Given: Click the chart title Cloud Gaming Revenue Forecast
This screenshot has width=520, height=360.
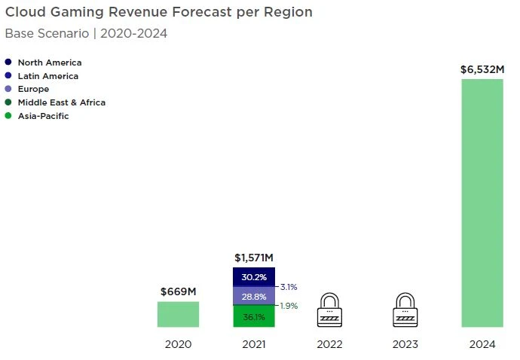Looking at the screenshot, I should pos(159,13).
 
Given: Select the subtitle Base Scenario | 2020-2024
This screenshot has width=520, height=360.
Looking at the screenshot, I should pos(86,33).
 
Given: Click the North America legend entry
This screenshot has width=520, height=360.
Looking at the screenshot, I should pos(49,63).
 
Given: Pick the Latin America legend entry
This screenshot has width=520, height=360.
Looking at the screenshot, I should pos(47,76).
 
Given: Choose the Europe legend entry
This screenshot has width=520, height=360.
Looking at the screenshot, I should pos(33,89).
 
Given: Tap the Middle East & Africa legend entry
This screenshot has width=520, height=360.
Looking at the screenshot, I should pos(61,102).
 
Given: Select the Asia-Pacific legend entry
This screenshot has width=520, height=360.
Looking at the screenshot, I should pos(43,116).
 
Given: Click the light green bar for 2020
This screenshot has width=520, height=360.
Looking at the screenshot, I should pos(178,314).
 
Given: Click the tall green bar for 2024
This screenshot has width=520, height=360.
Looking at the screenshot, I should pos(482,203).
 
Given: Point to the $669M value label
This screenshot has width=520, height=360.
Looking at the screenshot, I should pos(178,292).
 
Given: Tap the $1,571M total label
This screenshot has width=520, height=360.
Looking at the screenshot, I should pos(254,258).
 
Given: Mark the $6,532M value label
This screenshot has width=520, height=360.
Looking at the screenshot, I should pos(482,69).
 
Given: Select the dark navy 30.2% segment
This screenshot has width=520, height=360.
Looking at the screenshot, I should pos(254,277).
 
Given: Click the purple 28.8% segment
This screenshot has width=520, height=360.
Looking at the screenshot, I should pos(254,296).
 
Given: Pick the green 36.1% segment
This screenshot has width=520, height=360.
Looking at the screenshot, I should pos(254,317).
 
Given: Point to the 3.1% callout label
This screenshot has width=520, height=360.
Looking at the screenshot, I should pos(289,287).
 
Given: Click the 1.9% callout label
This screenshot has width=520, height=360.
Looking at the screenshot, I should pos(289,306).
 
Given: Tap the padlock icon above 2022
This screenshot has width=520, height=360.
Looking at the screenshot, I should pos(330,310).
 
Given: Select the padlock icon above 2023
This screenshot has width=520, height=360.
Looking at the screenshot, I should pos(405,310).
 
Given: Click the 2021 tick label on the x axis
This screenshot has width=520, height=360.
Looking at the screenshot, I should pos(254,344).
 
